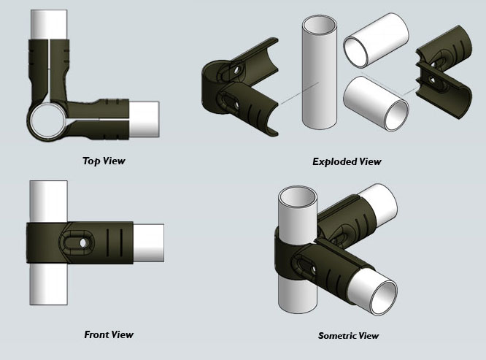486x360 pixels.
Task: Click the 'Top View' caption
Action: click(104, 160)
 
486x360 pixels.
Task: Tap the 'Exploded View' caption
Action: click(346, 161)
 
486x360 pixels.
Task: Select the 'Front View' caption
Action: click(109, 334)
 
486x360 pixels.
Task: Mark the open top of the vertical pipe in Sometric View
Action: click(298, 198)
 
